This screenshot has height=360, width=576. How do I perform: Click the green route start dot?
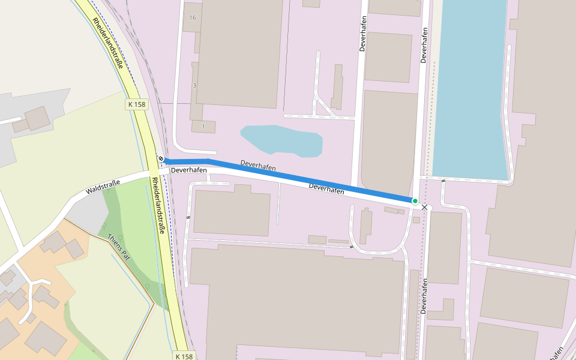[415, 200]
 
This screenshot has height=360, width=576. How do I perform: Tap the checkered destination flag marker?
[161, 159]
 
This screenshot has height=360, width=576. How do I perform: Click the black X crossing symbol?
[425, 207]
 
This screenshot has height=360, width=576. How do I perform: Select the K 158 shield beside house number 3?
[137, 104]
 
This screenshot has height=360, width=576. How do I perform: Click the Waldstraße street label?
[103, 187]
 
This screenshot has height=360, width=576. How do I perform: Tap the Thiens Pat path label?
[118, 246]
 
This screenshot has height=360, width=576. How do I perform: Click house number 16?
[193, 17]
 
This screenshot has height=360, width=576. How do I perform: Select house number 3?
[194, 85]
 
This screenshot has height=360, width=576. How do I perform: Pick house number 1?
[203, 127]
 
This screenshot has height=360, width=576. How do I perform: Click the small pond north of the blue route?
[282, 140]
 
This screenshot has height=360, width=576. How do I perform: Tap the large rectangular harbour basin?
[471, 90]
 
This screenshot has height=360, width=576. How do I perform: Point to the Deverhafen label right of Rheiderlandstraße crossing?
[188, 170]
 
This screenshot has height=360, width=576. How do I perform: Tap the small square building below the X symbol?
[416, 220]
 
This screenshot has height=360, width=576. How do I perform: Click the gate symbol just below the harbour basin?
[443, 180]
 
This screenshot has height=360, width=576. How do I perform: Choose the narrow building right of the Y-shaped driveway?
[337, 87]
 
